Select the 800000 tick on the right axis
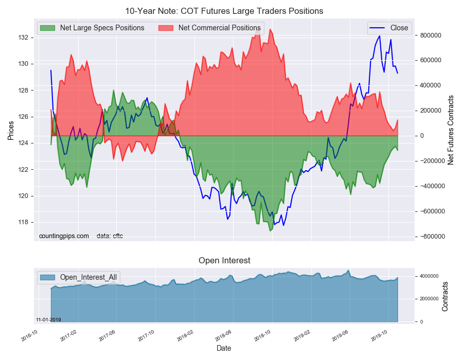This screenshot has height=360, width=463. coord(431,35)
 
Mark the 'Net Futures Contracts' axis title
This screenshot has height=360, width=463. coord(451,130)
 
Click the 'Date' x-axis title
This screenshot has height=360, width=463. coord(224,348)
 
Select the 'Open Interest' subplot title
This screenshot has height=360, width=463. coord(224,261)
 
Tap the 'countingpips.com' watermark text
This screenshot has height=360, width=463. coord(64,236)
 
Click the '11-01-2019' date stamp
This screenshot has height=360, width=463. coord(48,319)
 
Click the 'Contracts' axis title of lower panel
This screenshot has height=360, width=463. coord(446,296)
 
